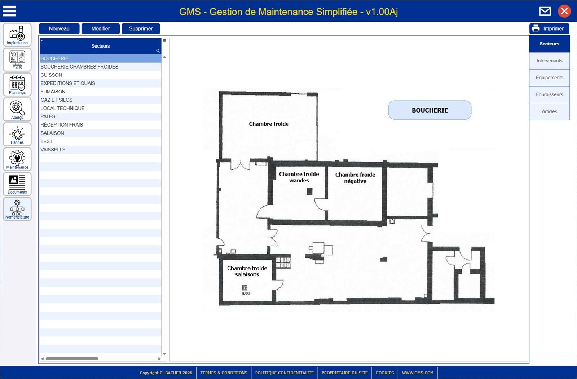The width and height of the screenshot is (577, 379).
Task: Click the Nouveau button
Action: click(x=59, y=28)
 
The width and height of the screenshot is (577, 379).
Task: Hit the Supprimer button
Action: click(x=141, y=28)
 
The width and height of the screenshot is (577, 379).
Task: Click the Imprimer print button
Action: click(x=549, y=28)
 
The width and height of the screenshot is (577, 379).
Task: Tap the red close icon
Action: click(x=564, y=11)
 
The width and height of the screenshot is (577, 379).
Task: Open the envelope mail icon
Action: click(x=545, y=11)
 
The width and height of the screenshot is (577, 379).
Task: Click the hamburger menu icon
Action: click(x=9, y=11)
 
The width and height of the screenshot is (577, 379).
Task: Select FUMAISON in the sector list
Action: click(x=53, y=92)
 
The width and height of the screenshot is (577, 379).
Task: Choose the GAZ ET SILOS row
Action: click(x=56, y=100)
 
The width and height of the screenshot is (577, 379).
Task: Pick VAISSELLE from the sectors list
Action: click(x=53, y=150)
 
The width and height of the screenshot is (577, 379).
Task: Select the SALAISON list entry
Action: click(x=52, y=133)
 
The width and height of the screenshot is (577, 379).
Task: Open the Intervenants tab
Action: click(x=549, y=61)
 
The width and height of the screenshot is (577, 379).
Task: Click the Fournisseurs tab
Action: click(x=549, y=94)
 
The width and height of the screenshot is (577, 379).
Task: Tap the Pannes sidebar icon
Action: click(x=17, y=134)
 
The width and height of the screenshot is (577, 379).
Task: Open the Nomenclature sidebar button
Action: click(x=17, y=209)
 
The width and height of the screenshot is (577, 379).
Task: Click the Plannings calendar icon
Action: click(x=17, y=84)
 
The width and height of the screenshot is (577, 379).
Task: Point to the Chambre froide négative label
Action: click(x=355, y=178)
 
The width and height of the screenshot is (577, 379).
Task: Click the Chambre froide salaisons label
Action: click(x=247, y=271)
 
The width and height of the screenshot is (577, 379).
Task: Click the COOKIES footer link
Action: click(x=384, y=373)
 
